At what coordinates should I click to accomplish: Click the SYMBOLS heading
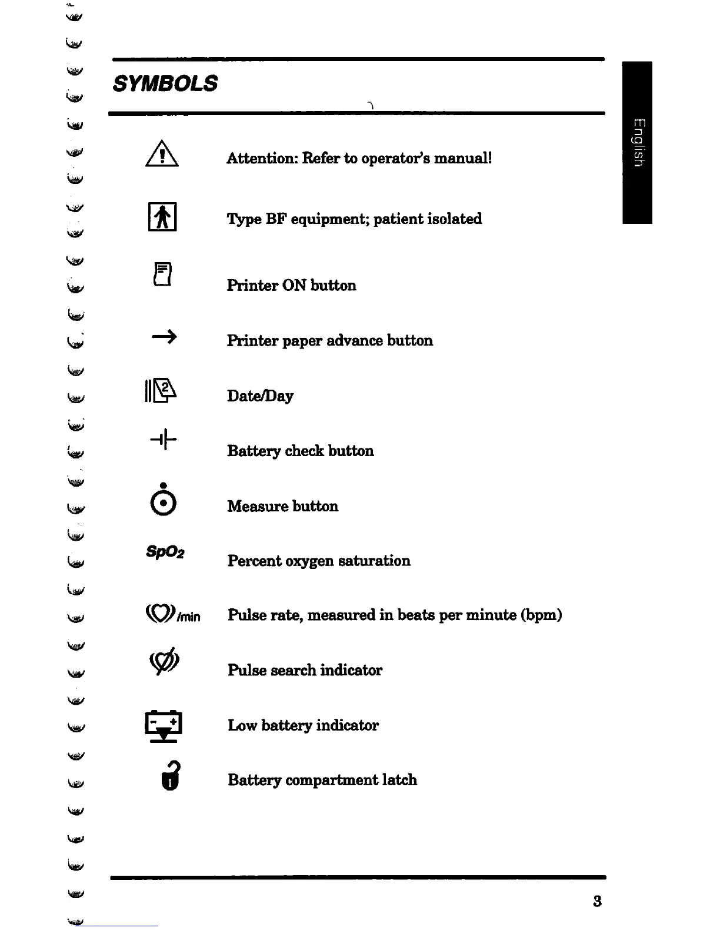click(x=165, y=83)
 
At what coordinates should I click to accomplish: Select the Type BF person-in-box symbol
click(x=162, y=217)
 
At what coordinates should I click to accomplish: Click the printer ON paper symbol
click(x=162, y=274)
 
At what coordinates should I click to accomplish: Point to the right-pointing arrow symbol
click(x=164, y=337)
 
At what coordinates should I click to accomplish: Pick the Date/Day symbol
click(x=161, y=390)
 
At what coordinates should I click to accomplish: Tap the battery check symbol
click(x=164, y=439)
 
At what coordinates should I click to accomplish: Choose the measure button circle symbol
click(x=163, y=503)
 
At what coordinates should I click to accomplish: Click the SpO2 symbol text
click(x=165, y=552)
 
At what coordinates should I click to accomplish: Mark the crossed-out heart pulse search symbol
click(x=165, y=662)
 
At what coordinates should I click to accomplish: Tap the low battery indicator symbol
click(x=164, y=726)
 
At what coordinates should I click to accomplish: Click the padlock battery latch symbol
click(x=170, y=776)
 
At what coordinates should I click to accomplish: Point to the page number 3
click(x=597, y=901)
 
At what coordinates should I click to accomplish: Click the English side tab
click(x=638, y=142)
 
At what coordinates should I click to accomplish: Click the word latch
click(x=399, y=780)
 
